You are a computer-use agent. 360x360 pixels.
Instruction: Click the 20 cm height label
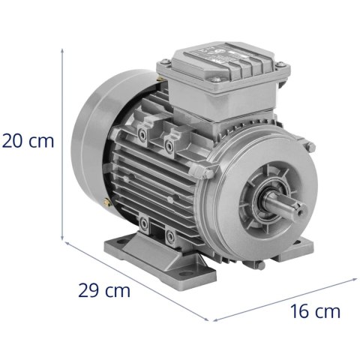[x=28, y=141]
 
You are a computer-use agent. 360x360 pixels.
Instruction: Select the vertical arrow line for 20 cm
[x=63, y=142]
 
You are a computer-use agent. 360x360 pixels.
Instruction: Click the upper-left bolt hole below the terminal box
[x=143, y=133]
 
